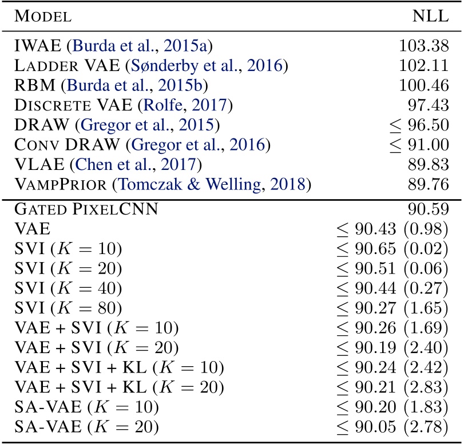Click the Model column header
(x=43, y=17)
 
